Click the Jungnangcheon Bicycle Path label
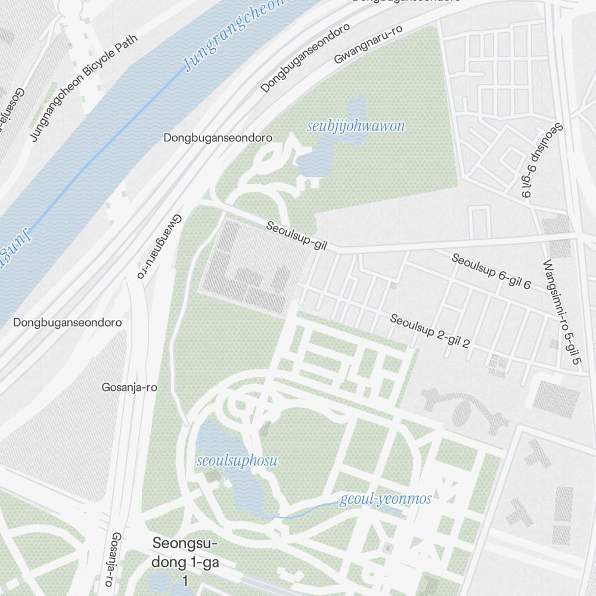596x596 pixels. [84, 88]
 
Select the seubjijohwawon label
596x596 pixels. [356, 126]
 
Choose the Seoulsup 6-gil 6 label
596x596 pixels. [491, 272]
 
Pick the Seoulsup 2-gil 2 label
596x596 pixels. [430, 331]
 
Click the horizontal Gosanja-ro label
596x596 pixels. [129, 387]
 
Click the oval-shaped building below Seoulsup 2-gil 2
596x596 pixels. [462, 411]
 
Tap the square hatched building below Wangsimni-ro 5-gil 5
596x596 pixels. [555, 398]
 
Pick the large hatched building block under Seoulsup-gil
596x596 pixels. [250, 268]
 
